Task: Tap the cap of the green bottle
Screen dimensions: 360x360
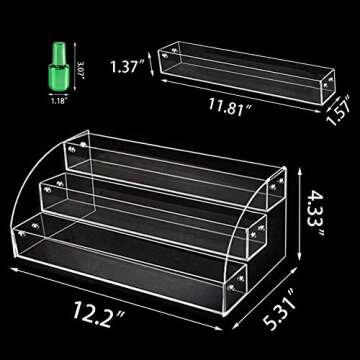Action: click(x=56, y=52)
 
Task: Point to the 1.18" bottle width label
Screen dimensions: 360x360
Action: click(x=58, y=100)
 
